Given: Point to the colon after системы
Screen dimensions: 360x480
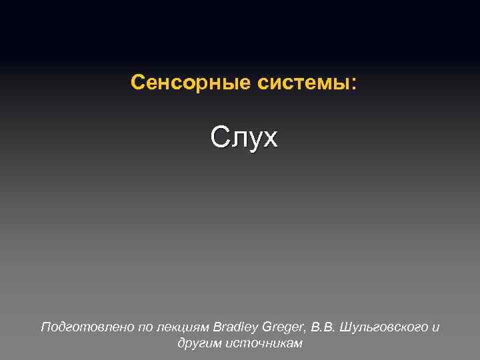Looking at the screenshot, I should tap(353, 84).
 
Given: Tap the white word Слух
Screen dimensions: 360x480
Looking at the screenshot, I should tap(243, 137).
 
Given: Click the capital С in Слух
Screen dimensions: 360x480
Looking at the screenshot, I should tap(219, 137).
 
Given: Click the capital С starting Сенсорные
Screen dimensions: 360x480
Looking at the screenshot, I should tap(137, 83).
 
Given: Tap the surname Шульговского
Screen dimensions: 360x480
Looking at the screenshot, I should tap(384, 327).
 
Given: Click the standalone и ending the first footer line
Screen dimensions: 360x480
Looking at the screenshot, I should tap(436, 328).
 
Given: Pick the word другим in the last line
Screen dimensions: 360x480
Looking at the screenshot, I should tap(200, 343).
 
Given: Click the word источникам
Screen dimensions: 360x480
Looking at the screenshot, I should tap(264, 343).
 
